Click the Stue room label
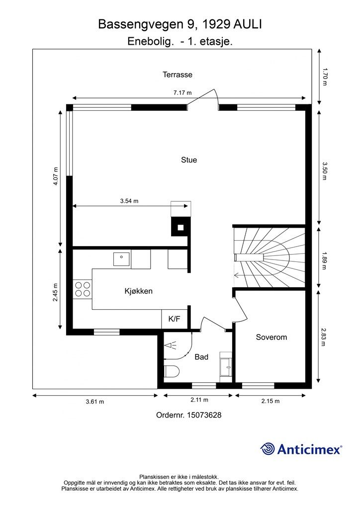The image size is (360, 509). pos(189,160)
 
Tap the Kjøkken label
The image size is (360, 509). pos(139,291)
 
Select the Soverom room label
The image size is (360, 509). pos(271,337)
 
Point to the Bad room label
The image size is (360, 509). pos(201,357)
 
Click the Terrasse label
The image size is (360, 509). pos(178,75)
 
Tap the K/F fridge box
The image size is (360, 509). pos(175,319)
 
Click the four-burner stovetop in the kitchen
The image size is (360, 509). pos(83,289)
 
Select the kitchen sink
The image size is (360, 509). pos(121,259)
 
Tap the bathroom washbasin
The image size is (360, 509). pos(226,367)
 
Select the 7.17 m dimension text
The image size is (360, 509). pos(182,93)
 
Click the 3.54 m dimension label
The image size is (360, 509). pos(129,201)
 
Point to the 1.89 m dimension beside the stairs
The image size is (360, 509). pos(324,260)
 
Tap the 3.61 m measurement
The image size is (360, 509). pos(95,402)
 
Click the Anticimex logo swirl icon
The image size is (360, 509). pos(268,449)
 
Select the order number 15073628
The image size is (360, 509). pos(204,415)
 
